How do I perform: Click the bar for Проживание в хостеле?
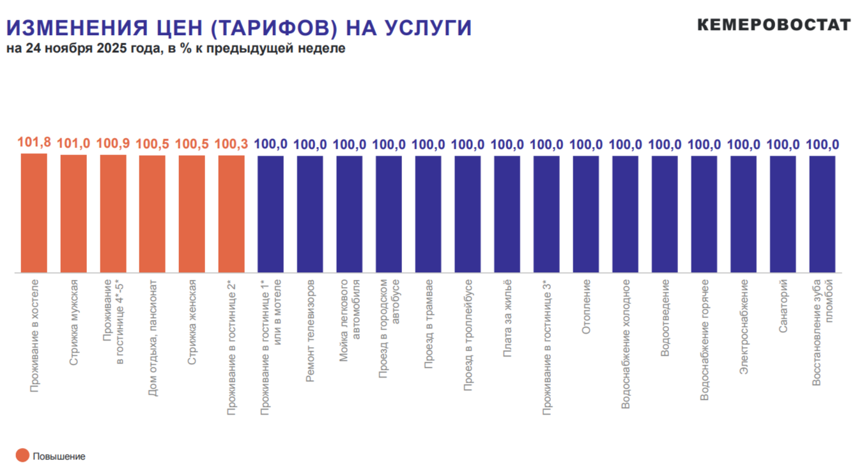pos(34,213)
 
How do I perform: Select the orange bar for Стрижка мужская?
pos(73,213)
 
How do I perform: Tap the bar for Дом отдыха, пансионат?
pos(152,214)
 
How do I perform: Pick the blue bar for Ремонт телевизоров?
pos(310,214)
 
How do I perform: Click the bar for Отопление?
pos(586,214)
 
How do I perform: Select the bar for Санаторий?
pos(783,214)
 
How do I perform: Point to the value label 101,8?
pos(34,143)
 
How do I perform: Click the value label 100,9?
pos(113,144)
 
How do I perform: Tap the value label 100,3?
pos(231,144)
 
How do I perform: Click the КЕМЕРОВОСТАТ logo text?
pos(774,25)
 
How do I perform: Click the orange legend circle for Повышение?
pos(22,456)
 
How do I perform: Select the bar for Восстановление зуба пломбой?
pos(822,214)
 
